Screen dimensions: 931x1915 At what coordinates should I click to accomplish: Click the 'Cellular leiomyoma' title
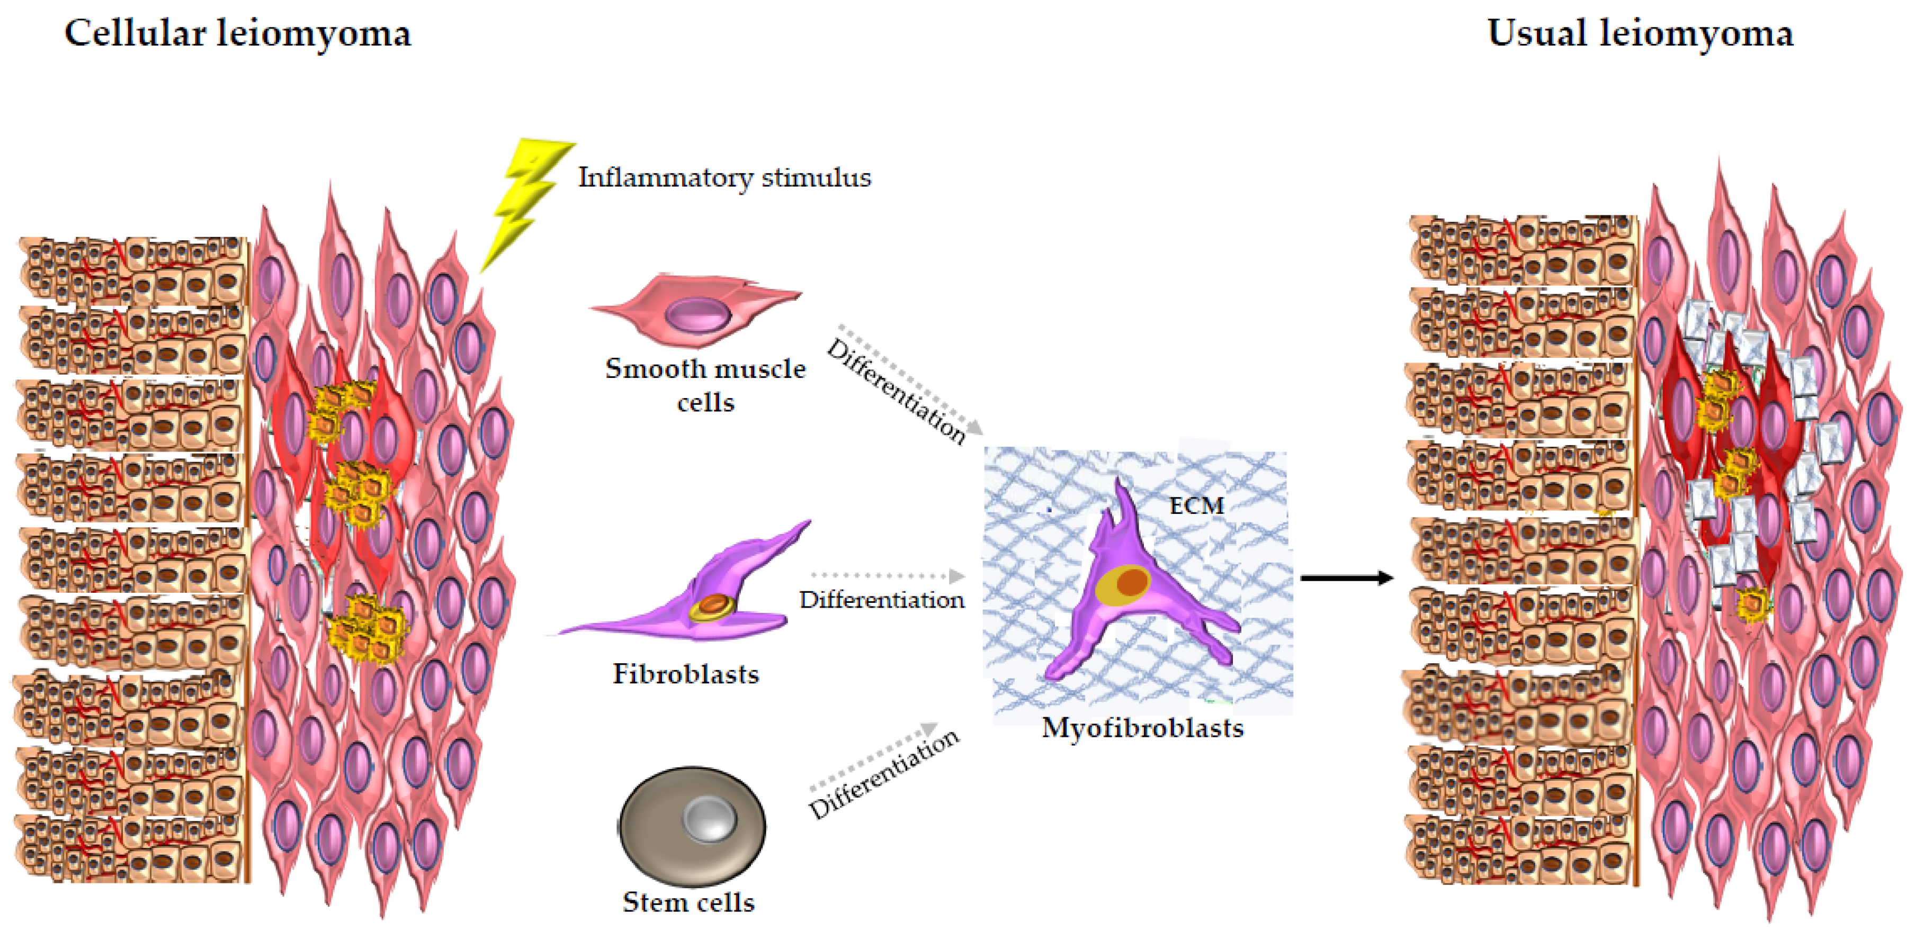tap(237, 33)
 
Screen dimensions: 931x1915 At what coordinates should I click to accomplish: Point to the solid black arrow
tap(1346, 577)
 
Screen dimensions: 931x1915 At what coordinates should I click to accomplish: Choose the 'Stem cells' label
tap(688, 902)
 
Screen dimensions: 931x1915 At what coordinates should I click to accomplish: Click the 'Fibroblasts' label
tap(685, 674)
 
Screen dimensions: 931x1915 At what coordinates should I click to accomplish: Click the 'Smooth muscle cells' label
tap(705, 385)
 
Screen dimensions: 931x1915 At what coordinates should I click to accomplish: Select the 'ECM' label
tap(1196, 506)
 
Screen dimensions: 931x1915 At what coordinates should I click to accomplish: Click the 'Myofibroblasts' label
tap(1143, 727)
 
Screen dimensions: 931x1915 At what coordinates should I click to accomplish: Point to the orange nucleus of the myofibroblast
tap(1131, 582)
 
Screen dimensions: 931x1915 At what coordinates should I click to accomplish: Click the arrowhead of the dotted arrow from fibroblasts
tap(957, 576)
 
